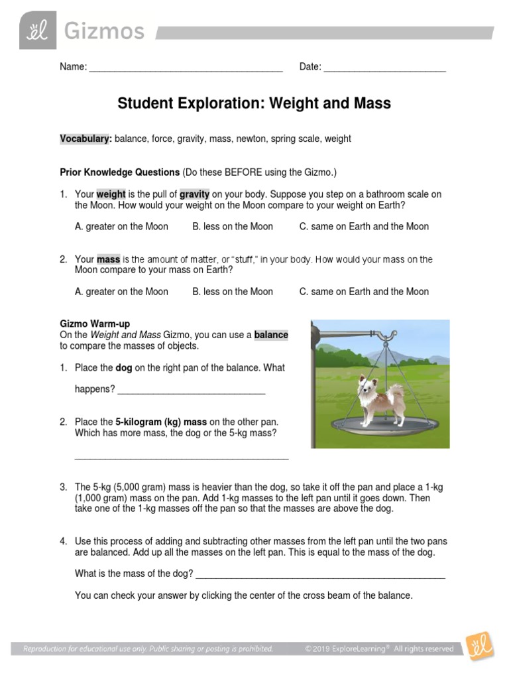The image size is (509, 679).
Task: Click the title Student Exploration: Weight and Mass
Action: [254, 103]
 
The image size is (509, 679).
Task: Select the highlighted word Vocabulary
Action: [85, 139]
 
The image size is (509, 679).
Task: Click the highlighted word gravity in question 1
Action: [194, 194]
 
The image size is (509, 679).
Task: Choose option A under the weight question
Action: [121, 227]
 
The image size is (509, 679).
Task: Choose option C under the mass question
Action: [363, 292]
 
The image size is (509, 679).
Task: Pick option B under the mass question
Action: [233, 292]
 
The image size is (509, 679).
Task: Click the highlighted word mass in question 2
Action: [108, 259]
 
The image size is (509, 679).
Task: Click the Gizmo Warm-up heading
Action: [95, 324]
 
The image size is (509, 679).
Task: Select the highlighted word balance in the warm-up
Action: [271, 335]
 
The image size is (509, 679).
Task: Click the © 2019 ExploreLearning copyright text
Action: [379, 649]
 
